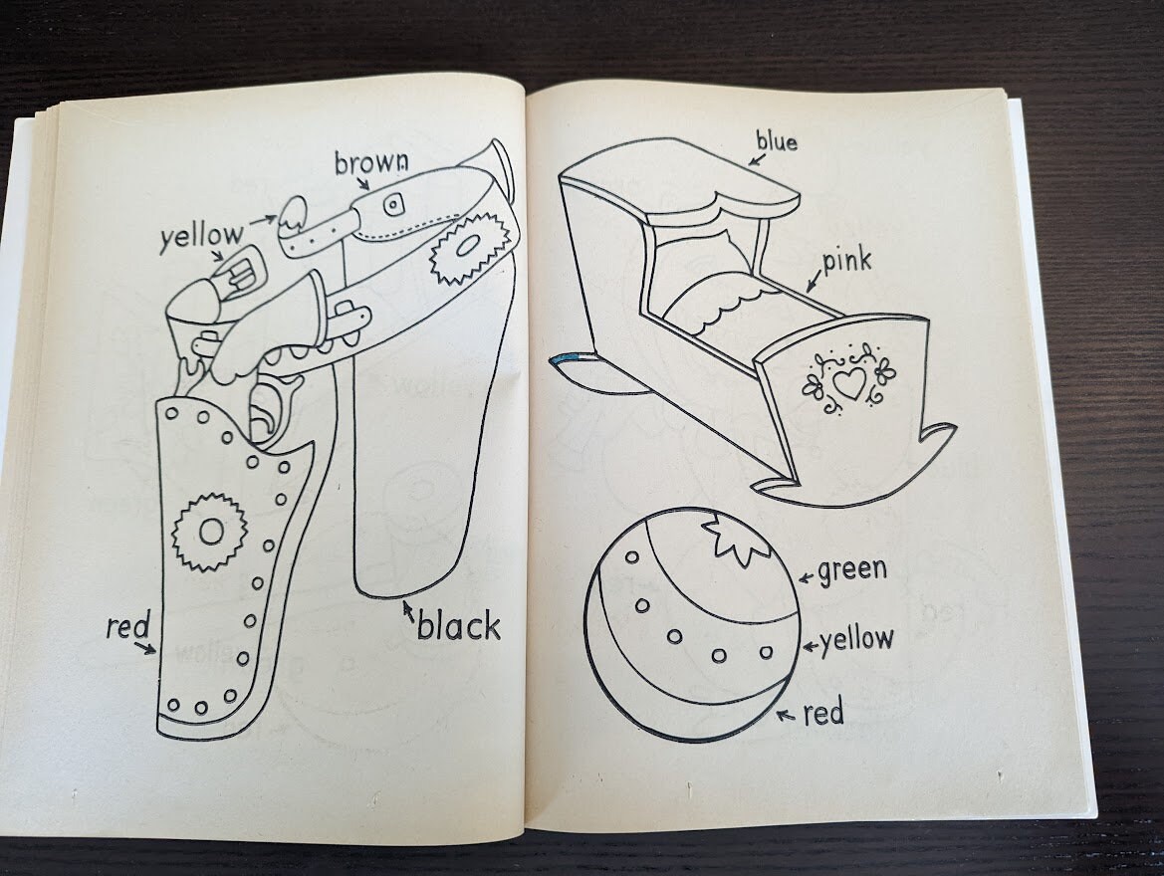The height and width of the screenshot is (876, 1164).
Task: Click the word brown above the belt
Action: [371, 162]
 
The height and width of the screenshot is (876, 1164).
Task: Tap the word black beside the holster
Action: [458, 627]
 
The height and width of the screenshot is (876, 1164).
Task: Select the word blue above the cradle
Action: [777, 142]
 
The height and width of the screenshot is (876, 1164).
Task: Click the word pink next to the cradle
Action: [846, 262]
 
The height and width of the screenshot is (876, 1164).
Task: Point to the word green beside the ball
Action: [852, 571]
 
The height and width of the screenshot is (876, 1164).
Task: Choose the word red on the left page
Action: [127, 628]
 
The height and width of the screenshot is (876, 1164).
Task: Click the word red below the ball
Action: [823, 713]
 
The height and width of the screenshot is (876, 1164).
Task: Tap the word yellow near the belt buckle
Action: [200, 237]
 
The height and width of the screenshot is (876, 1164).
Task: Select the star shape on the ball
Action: [737, 542]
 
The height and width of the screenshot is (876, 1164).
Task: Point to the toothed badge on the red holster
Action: [209, 533]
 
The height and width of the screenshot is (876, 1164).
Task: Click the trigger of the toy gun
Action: [265, 410]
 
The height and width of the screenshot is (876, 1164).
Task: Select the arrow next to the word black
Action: [407, 611]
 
